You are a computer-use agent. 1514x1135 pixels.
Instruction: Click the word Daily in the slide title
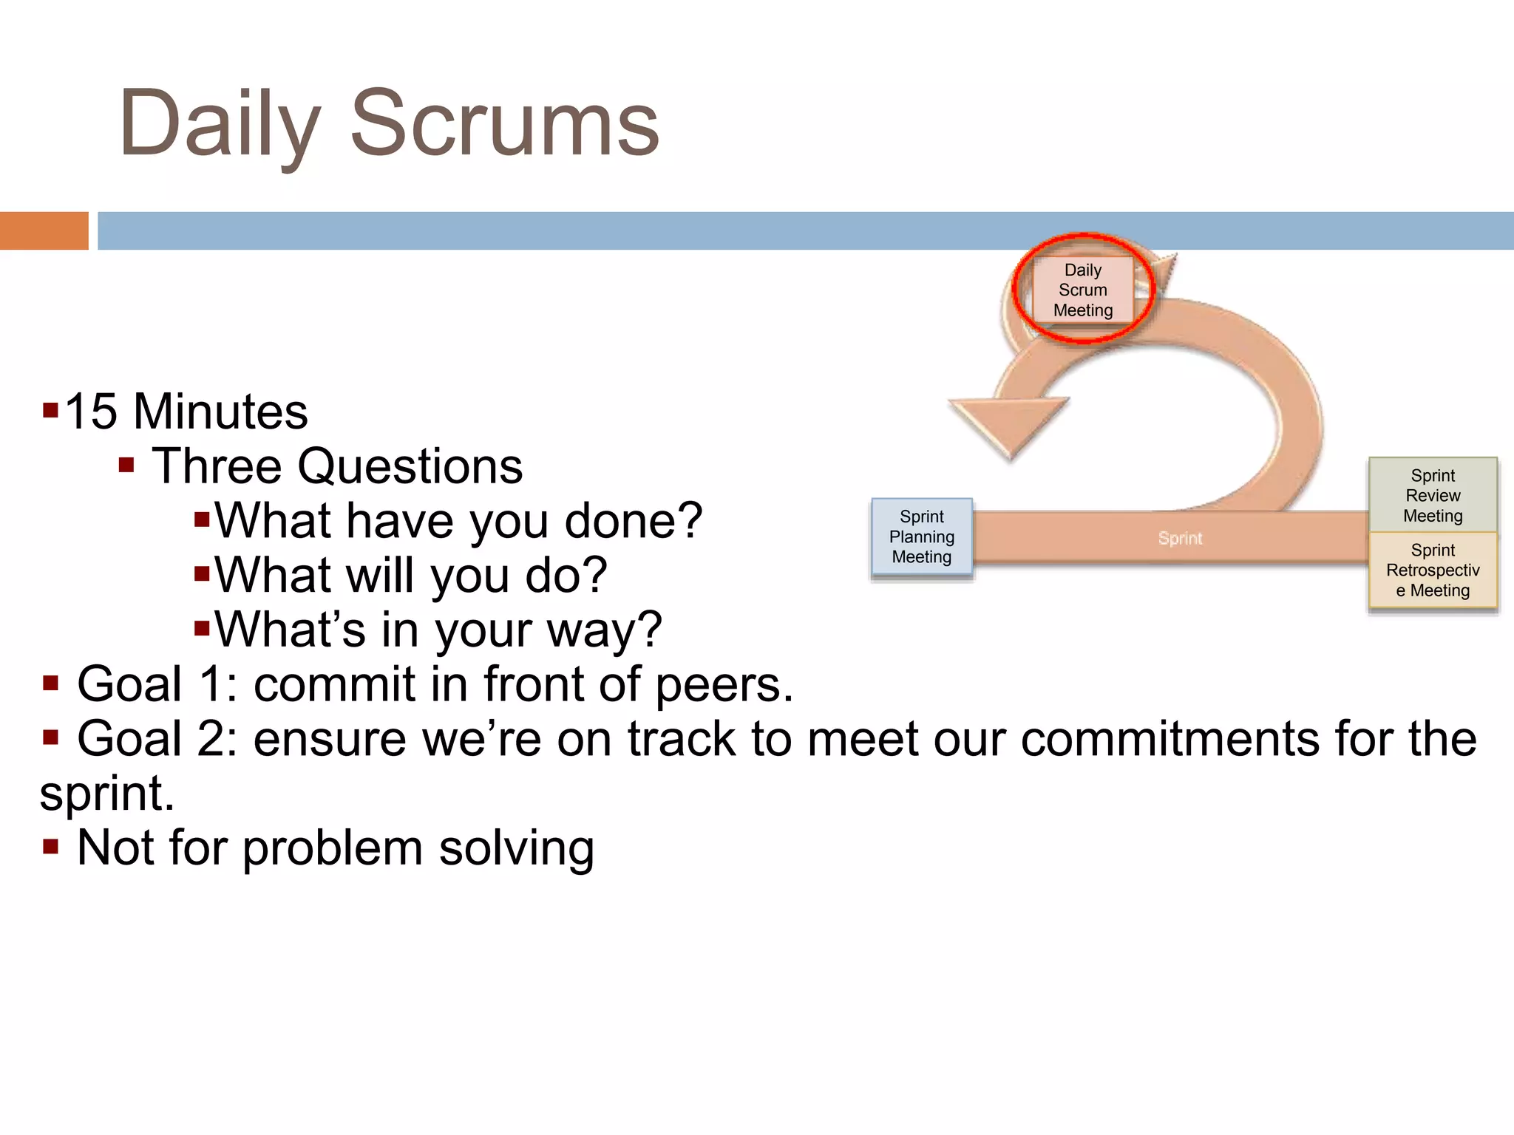point(220,124)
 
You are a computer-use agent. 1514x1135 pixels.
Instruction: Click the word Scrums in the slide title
point(504,124)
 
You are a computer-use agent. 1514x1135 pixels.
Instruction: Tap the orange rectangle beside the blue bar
point(44,231)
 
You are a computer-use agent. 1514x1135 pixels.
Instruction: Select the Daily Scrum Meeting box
point(1082,290)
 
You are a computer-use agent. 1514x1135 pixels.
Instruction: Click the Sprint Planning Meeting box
point(921,537)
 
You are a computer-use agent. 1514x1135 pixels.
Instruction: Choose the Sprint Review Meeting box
point(1432,495)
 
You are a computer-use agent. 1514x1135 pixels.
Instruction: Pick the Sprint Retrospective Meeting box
point(1432,570)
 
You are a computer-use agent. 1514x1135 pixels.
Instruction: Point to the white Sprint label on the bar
point(1180,538)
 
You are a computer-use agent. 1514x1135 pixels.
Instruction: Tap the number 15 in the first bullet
point(91,412)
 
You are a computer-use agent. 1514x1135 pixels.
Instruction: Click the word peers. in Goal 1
point(724,684)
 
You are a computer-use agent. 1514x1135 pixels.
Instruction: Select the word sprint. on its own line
point(107,794)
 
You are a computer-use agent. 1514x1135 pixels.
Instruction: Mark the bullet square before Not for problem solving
point(50,846)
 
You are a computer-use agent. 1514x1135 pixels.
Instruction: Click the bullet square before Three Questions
point(126,465)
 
